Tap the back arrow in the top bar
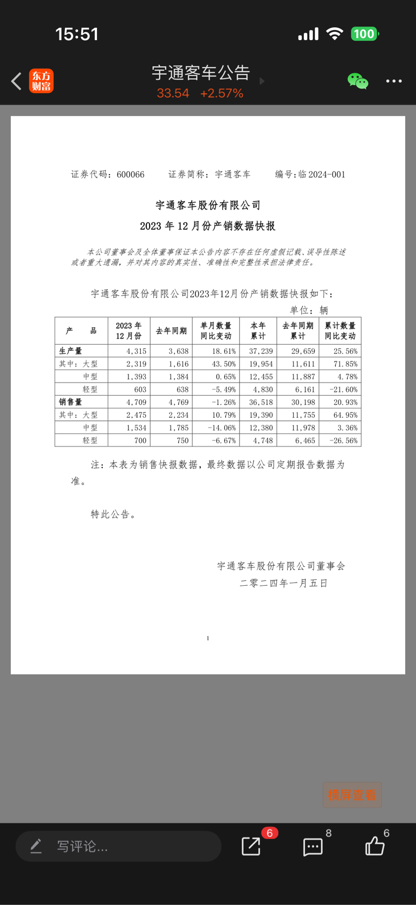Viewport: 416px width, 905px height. [x=17, y=81]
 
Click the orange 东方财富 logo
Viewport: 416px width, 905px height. [x=41, y=81]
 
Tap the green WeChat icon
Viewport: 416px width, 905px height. [x=357, y=81]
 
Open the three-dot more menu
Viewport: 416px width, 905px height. [x=394, y=81]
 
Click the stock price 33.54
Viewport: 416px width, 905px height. [x=173, y=93]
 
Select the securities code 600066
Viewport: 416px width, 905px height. [x=131, y=174]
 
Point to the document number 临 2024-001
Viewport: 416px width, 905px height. [x=321, y=174]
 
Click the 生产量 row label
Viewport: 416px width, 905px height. [x=70, y=351]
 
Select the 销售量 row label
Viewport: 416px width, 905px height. [x=70, y=402]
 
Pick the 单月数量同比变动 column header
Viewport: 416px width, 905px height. [x=216, y=331]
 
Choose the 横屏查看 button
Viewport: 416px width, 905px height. [x=352, y=795]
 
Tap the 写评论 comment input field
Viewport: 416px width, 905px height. [x=118, y=846]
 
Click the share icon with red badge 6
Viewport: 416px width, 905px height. [x=251, y=846]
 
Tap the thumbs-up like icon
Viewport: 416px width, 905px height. [x=375, y=846]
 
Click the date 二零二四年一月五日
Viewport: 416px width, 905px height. [x=283, y=584]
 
